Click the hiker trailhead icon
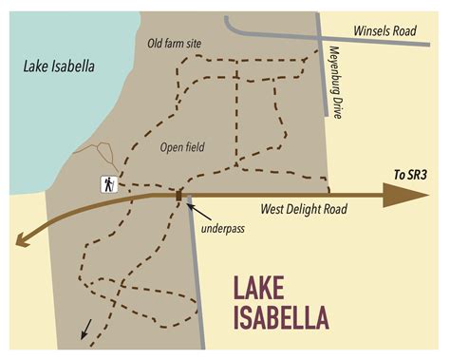(109, 184)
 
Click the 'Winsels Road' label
(385, 31)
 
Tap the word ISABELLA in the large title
(283, 316)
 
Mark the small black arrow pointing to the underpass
(193, 206)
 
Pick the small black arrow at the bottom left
(86, 330)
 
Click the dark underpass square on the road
(178, 196)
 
